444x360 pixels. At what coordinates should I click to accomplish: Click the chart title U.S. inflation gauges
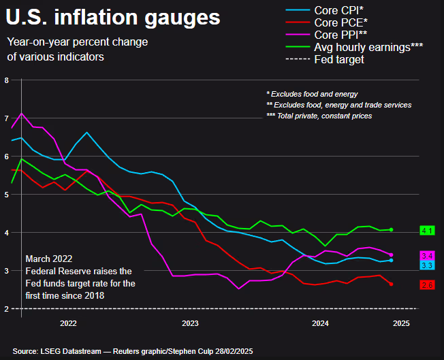coord(114,16)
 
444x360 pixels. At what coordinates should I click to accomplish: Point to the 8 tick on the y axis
coord(6,80)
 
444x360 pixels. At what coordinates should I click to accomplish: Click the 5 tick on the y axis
coord(6,195)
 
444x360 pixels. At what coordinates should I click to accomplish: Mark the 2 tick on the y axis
coord(6,309)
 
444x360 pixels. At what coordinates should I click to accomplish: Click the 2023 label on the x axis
coord(190,324)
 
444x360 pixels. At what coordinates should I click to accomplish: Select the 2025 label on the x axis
coord(402,324)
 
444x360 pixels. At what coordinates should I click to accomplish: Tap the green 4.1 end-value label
coord(427,231)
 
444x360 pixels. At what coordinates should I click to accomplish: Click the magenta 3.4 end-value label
coord(427,255)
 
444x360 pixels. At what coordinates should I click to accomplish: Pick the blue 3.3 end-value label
coord(427,265)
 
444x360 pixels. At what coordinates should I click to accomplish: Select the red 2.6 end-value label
coord(427,284)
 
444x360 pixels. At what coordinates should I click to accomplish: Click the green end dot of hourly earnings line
coord(391,230)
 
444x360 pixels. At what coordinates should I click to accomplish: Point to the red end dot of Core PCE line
coord(391,284)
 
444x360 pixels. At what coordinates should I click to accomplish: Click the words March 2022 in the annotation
coord(48,259)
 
